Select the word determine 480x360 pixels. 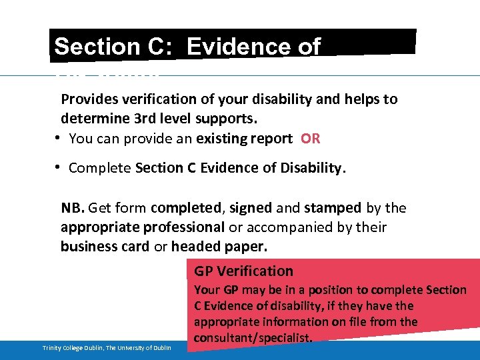click(91, 119)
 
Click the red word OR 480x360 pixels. click(310, 139)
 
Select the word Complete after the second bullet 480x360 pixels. click(100, 168)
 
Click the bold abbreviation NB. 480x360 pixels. click(73, 208)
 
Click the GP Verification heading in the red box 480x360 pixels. click(243, 271)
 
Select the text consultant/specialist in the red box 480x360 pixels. click(253, 338)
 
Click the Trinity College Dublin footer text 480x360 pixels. click(107, 348)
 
